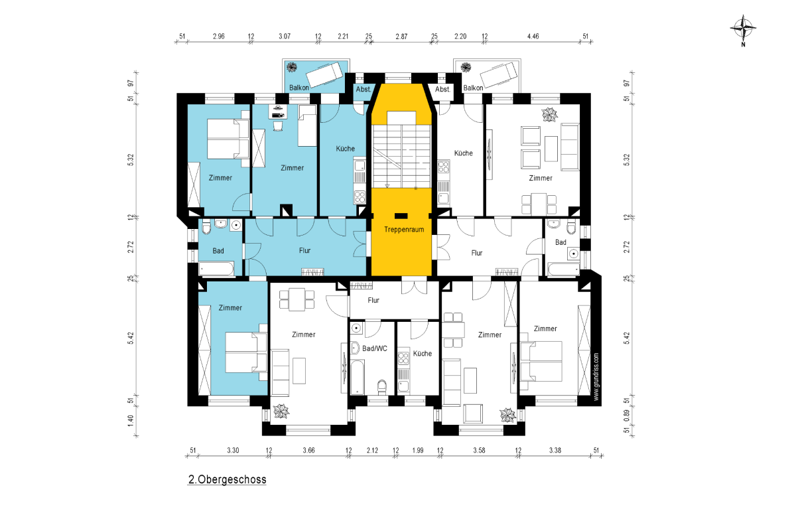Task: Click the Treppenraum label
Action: pyautogui.click(x=404, y=230)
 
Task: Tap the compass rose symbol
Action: pyautogui.click(x=743, y=29)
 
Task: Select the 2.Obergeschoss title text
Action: pyautogui.click(x=227, y=479)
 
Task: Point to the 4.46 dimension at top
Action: pyautogui.click(x=533, y=37)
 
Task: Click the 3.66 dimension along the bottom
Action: pyautogui.click(x=308, y=450)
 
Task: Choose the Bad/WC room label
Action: pyautogui.click(x=375, y=348)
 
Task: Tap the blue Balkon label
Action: pyautogui.click(x=299, y=88)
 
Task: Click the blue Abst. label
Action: pyautogui.click(x=364, y=89)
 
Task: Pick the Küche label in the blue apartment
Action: pyautogui.click(x=345, y=148)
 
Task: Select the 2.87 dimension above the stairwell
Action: pyautogui.click(x=401, y=37)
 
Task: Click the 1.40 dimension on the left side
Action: pyautogui.click(x=131, y=421)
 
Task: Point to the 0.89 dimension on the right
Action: pyautogui.click(x=626, y=416)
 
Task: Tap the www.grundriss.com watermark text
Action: pyautogui.click(x=596, y=376)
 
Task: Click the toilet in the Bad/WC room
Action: pyautogui.click(x=381, y=387)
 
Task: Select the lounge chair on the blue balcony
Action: pyautogui.click(x=324, y=74)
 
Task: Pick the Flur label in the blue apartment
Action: pyautogui.click(x=304, y=250)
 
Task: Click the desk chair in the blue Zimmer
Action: pyautogui.click(x=278, y=126)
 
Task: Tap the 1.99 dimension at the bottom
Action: pyautogui.click(x=418, y=450)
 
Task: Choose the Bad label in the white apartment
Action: pyautogui.click(x=561, y=242)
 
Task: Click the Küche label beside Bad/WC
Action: pyautogui.click(x=422, y=354)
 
